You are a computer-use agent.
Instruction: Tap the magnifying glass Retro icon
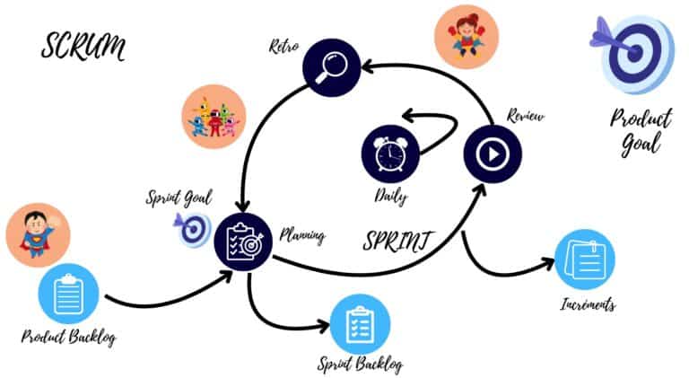click(330, 66)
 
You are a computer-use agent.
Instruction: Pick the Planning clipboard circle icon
click(242, 240)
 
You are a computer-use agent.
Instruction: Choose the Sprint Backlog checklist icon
click(361, 323)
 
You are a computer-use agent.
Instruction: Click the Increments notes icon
click(584, 259)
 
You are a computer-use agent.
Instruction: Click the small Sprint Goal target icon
click(193, 230)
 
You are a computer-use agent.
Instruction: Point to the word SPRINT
click(399, 240)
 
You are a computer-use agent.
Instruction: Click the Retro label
click(284, 45)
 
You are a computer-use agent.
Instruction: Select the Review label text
click(526, 117)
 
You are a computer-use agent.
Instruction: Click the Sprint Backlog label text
click(360, 365)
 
